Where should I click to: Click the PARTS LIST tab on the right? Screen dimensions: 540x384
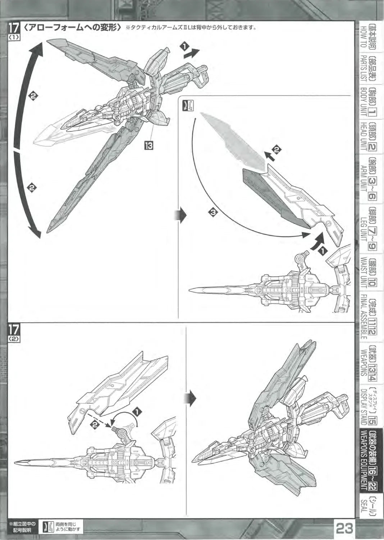[x=367, y=71]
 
